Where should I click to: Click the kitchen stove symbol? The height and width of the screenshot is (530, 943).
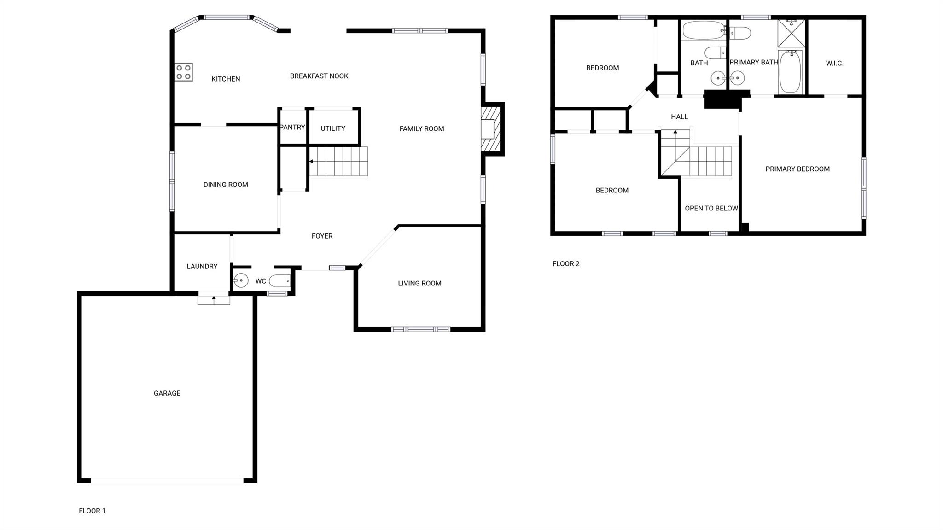tap(183, 72)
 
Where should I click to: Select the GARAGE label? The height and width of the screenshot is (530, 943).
tap(167, 393)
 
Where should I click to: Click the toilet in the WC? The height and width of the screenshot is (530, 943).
tap(280, 280)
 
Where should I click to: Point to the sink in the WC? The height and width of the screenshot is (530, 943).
tap(241, 280)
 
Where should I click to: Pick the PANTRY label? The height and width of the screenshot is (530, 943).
tap(292, 128)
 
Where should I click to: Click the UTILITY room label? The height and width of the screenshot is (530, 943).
tap(333, 128)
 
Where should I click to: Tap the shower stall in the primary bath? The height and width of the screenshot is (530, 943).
tap(792, 33)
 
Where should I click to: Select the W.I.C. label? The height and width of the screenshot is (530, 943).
tap(835, 64)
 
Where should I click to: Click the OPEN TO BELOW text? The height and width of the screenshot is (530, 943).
tap(711, 209)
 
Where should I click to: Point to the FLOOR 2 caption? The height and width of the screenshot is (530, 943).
tap(566, 264)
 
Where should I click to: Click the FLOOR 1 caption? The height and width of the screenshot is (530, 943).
tap(92, 511)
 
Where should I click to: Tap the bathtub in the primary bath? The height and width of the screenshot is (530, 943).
tap(791, 72)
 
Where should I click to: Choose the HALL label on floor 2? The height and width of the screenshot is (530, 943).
tap(680, 117)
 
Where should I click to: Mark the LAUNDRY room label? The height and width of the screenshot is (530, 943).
tap(202, 267)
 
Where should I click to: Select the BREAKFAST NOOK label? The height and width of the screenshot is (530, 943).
tap(319, 76)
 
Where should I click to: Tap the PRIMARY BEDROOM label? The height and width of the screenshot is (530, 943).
tap(797, 169)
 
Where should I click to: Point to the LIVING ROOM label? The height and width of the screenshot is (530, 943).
tap(419, 284)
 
